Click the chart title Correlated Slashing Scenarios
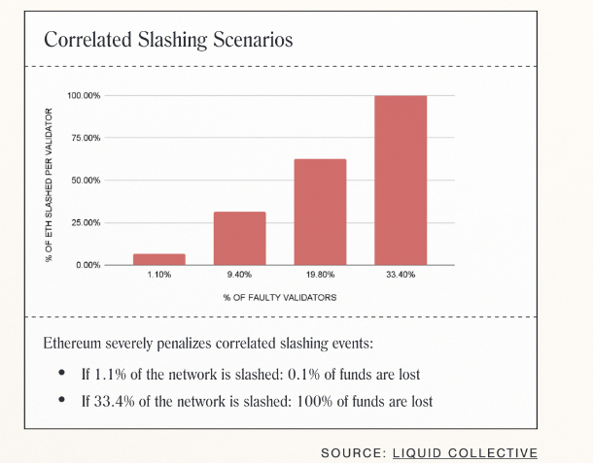click(168, 41)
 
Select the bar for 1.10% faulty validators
click(159, 259)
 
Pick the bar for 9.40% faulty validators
click(240, 238)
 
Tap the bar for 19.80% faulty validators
click(320, 212)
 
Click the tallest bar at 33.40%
click(401, 180)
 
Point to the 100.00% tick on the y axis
click(84, 96)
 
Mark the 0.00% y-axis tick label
click(87, 265)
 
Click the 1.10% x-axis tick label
click(159, 276)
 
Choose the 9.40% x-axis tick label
click(240, 276)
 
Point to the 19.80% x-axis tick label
click(320, 276)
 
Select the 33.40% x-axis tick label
click(401, 276)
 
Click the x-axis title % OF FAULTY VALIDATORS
click(279, 297)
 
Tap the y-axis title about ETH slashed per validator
click(48, 182)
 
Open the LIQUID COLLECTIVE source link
click(464, 452)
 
